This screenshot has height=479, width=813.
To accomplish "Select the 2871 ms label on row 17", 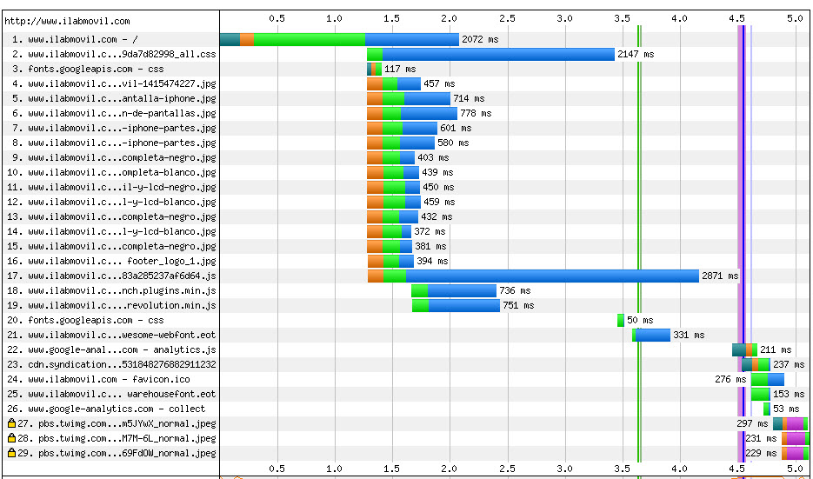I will coord(720,276).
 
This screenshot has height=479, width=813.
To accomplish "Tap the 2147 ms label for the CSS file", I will coord(636,54).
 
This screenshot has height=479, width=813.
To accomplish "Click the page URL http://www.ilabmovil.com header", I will coord(67,20).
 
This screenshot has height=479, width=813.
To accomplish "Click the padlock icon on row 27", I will coord(11,423).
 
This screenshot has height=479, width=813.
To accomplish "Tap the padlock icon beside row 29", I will coord(11,453).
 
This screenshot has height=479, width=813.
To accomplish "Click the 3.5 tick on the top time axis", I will coord(622,17).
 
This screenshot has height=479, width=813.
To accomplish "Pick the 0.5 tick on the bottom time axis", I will coord(277,469).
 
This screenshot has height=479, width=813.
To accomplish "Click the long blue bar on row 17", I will coord(552,276).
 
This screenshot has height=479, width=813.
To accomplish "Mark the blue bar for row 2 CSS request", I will coord(497,54).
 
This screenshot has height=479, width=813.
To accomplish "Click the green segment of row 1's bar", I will coord(309,39).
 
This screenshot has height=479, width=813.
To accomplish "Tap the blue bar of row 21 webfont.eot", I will coord(653,335).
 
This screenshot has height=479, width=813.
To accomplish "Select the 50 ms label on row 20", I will coord(639,320).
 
